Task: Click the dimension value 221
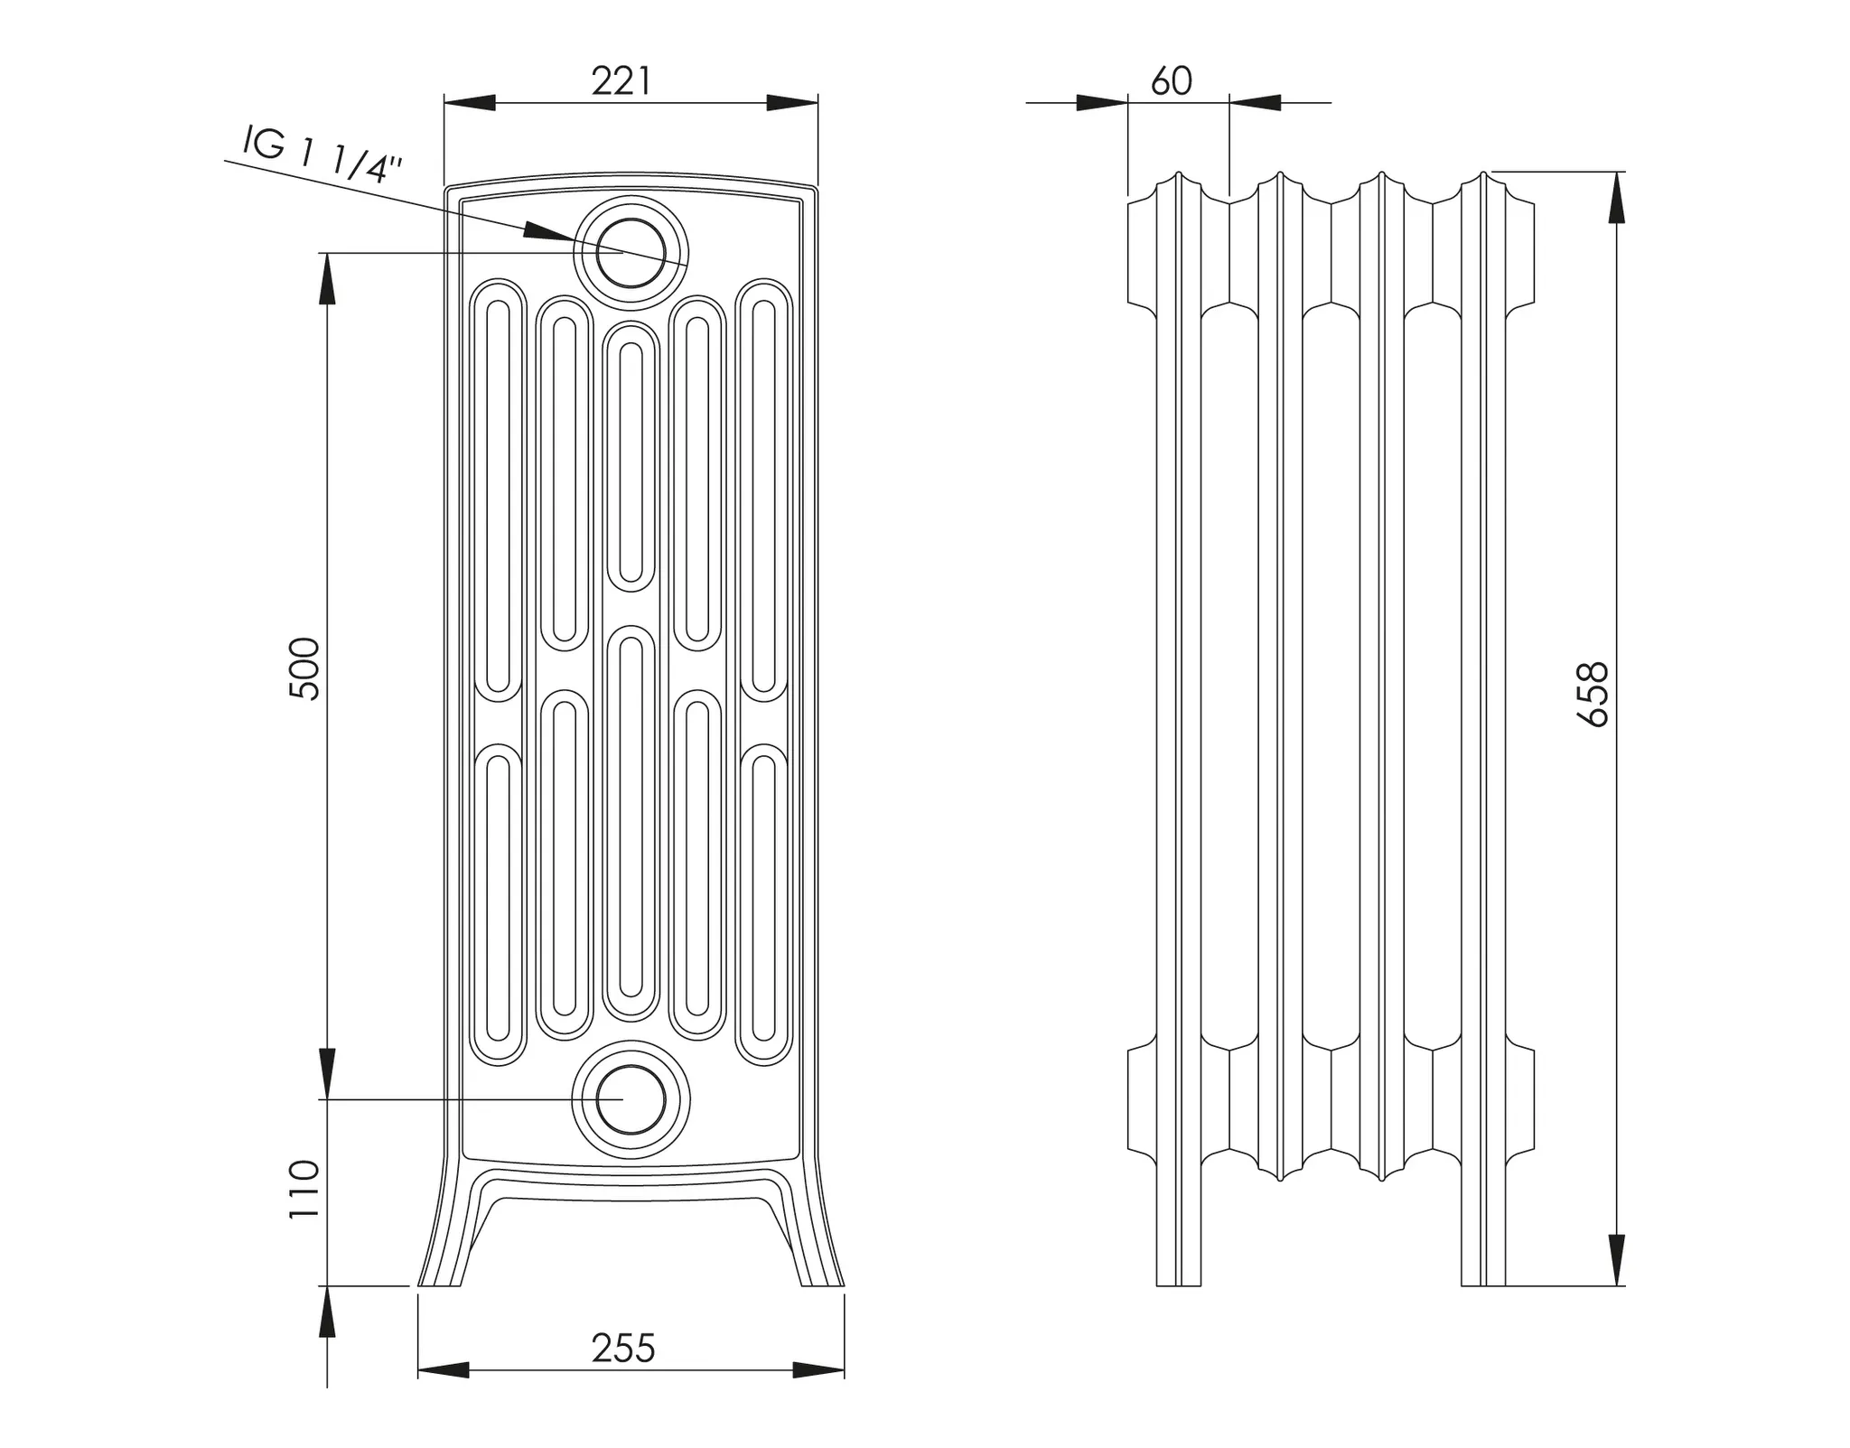[621, 82]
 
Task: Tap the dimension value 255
[622, 1349]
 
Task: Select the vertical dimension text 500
[305, 668]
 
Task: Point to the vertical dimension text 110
[305, 1190]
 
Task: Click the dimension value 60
[1172, 82]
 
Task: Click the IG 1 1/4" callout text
[321, 155]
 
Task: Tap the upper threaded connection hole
[631, 252]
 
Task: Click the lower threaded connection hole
[631, 1099]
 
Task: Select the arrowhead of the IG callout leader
[547, 232]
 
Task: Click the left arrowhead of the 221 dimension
[470, 103]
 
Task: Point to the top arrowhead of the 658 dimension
[1617, 197]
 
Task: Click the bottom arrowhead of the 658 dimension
[1617, 1260]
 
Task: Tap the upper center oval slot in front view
[631, 456]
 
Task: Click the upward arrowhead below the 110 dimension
[327, 1312]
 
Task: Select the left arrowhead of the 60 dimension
[1102, 103]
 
